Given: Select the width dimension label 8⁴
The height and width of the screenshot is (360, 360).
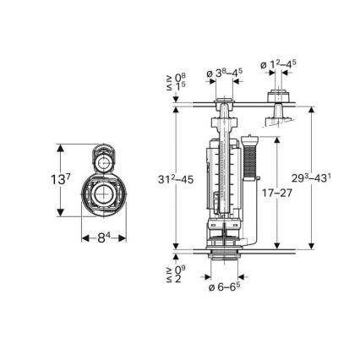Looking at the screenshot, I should pyautogui.click(x=103, y=238).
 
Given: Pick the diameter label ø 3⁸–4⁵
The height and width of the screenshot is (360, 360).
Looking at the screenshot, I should pyautogui.click(x=224, y=74).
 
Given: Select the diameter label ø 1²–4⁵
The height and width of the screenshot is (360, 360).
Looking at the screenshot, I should pyautogui.click(x=278, y=64).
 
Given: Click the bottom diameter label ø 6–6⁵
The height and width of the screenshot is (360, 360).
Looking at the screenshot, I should pyautogui.click(x=224, y=287).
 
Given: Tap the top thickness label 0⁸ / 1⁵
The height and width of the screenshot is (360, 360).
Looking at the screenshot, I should pyautogui.click(x=179, y=84).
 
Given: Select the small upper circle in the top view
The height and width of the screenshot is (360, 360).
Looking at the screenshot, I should pyautogui.click(x=101, y=160).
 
